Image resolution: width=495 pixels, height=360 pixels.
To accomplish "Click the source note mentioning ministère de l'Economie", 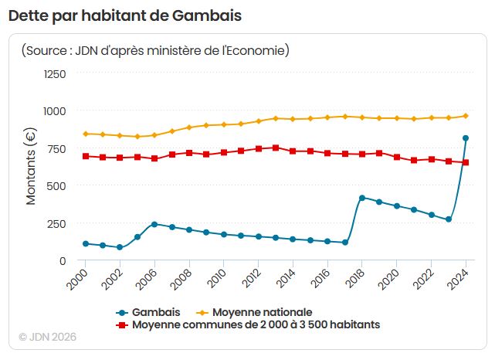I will [155, 51].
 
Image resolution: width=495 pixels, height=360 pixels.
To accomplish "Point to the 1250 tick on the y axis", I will [54, 74].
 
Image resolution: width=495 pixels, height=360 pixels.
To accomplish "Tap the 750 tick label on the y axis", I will [56, 149].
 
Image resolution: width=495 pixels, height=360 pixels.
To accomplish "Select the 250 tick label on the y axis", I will [56, 224].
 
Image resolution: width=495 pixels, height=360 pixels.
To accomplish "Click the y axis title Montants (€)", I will [31, 165].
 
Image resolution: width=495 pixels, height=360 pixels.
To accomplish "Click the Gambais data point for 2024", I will [466, 138].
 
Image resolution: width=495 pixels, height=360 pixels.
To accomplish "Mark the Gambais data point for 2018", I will [361, 198].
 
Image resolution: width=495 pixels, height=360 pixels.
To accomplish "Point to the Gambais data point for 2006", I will [154, 224].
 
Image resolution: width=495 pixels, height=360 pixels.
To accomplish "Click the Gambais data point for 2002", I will [120, 247].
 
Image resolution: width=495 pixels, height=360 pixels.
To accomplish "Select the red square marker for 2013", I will [276, 148].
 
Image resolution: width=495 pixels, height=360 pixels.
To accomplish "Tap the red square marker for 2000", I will [85, 156].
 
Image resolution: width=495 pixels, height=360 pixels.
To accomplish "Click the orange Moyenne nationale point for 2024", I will [466, 116].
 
